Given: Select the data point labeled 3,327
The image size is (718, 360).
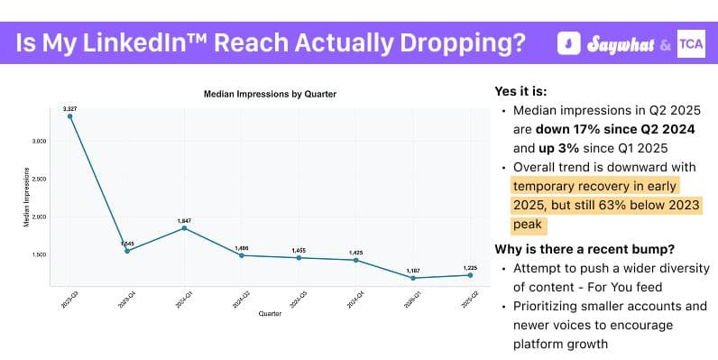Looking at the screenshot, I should point(69,116).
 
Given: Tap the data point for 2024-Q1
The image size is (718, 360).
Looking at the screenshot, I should point(184,228).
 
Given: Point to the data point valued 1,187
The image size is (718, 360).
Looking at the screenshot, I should point(413,278).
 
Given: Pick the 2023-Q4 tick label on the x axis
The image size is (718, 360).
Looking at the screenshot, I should point(125,300).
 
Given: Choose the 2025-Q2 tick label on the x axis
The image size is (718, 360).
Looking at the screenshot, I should point(468,300).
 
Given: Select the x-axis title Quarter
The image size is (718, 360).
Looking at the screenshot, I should point(270,314).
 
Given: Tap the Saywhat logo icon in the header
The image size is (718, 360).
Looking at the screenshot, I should point(568,42).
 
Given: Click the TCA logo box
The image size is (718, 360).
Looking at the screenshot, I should point(689,42).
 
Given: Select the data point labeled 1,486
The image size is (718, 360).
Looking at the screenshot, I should point(242,255).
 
